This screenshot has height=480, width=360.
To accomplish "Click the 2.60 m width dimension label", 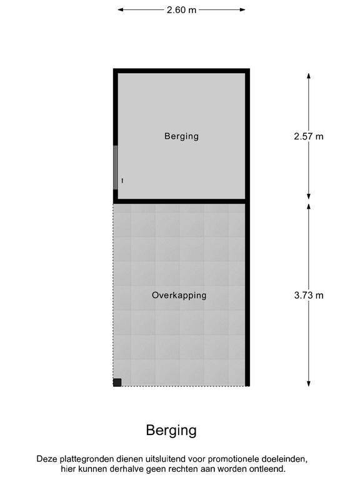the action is tap(181, 10).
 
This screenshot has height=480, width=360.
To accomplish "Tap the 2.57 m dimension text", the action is tap(309, 136).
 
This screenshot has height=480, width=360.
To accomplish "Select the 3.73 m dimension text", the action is tap(309, 296).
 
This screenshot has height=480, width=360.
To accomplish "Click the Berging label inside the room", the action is tap(181, 136).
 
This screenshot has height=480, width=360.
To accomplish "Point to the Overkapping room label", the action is tap(179, 296).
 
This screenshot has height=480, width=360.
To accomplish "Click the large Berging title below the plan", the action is tap(171, 431).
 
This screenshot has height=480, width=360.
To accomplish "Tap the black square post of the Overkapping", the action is tap(117, 382).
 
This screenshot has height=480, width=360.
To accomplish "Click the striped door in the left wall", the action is tap(116, 167).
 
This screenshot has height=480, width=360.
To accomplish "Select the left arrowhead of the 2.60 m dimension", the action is tap(120, 10).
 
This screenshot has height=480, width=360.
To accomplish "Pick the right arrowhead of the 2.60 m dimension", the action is tap(242, 10).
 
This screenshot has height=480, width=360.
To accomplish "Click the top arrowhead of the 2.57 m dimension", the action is tap(309, 76).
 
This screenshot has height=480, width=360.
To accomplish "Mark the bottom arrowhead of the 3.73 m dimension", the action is tap(309, 384).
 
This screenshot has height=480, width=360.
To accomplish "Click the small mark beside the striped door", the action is tap(122, 181).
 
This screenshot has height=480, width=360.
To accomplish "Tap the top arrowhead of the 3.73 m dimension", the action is tap(309, 206).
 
